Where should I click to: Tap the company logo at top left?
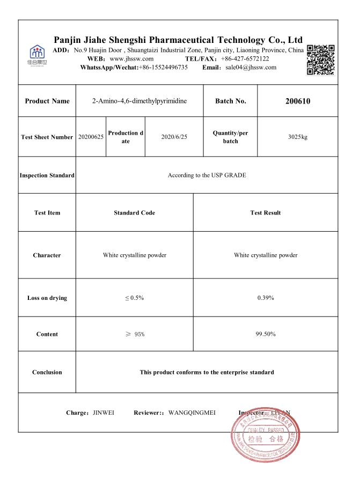tap(37, 55)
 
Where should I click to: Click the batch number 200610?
tap(297, 101)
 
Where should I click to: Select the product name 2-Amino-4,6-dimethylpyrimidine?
tap(139, 101)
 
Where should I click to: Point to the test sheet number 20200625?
tap(91, 137)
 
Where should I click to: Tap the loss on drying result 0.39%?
tap(265, 298)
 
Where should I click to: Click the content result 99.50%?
tap(265, 334)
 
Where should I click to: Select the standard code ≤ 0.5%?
tap(134, 298)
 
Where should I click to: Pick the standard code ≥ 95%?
tap(134, 334)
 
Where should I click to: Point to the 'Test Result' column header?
tap(265, 212)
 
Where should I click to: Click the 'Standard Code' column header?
tap(134, 212)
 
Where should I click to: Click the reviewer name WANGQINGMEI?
tap(192, 413)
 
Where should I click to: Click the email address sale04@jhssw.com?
tap(251, 67)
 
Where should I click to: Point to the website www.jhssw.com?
tap(131, 58)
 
